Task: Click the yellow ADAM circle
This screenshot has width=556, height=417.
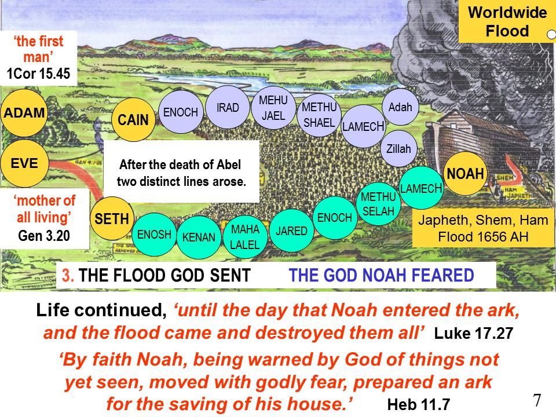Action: (24, 113)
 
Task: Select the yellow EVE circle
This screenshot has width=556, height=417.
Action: (24, 163)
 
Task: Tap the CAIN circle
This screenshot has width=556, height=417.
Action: (133, 119)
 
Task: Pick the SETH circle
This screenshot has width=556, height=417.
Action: (112, 218)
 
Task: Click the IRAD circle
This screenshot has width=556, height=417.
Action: (228, 107)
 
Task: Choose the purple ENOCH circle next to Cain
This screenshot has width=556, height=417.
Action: (181, 112)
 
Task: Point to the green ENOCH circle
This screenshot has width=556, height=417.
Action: (335, 217)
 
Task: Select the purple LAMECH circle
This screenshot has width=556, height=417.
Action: (363, 126)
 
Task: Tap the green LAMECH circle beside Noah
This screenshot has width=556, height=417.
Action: (421, 188)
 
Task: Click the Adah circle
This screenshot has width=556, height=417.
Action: (400, 107)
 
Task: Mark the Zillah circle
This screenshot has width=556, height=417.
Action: (398, 149)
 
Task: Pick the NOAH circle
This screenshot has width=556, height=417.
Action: (465, 174)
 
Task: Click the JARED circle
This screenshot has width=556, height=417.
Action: (291, 231)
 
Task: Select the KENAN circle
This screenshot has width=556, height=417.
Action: (199, 237)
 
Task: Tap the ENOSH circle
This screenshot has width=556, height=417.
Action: (154, 235)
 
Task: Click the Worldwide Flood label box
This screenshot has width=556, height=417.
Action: (507, 21)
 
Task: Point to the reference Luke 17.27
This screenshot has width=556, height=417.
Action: (474, 334)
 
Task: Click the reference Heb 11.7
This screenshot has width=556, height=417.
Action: (418, 404)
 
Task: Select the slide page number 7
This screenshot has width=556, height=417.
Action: (537, 400)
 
